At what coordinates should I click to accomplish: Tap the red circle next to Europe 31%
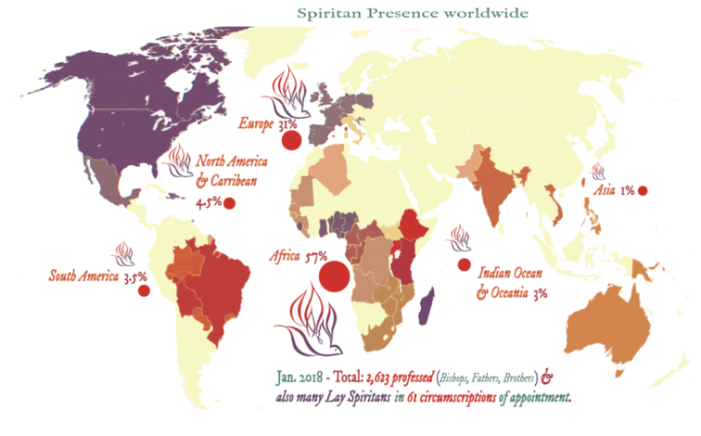click(x=291, y=141)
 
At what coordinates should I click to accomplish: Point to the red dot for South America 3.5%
click(x=144, y=290)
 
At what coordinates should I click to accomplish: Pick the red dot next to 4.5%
click(x=229, y=203)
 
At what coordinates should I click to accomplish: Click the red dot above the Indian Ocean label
click(x=463, y=265)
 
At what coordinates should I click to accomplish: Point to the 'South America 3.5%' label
click(x=93, y=276)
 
